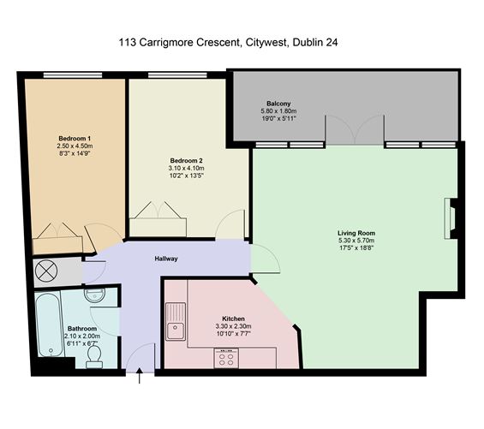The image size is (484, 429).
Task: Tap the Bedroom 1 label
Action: (75, 139)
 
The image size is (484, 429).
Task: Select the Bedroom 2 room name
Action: (187, 160)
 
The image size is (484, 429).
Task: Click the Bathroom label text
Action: (83, 328)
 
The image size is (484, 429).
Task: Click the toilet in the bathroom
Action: (93, 355)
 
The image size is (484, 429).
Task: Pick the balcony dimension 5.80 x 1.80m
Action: (278, 111)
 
